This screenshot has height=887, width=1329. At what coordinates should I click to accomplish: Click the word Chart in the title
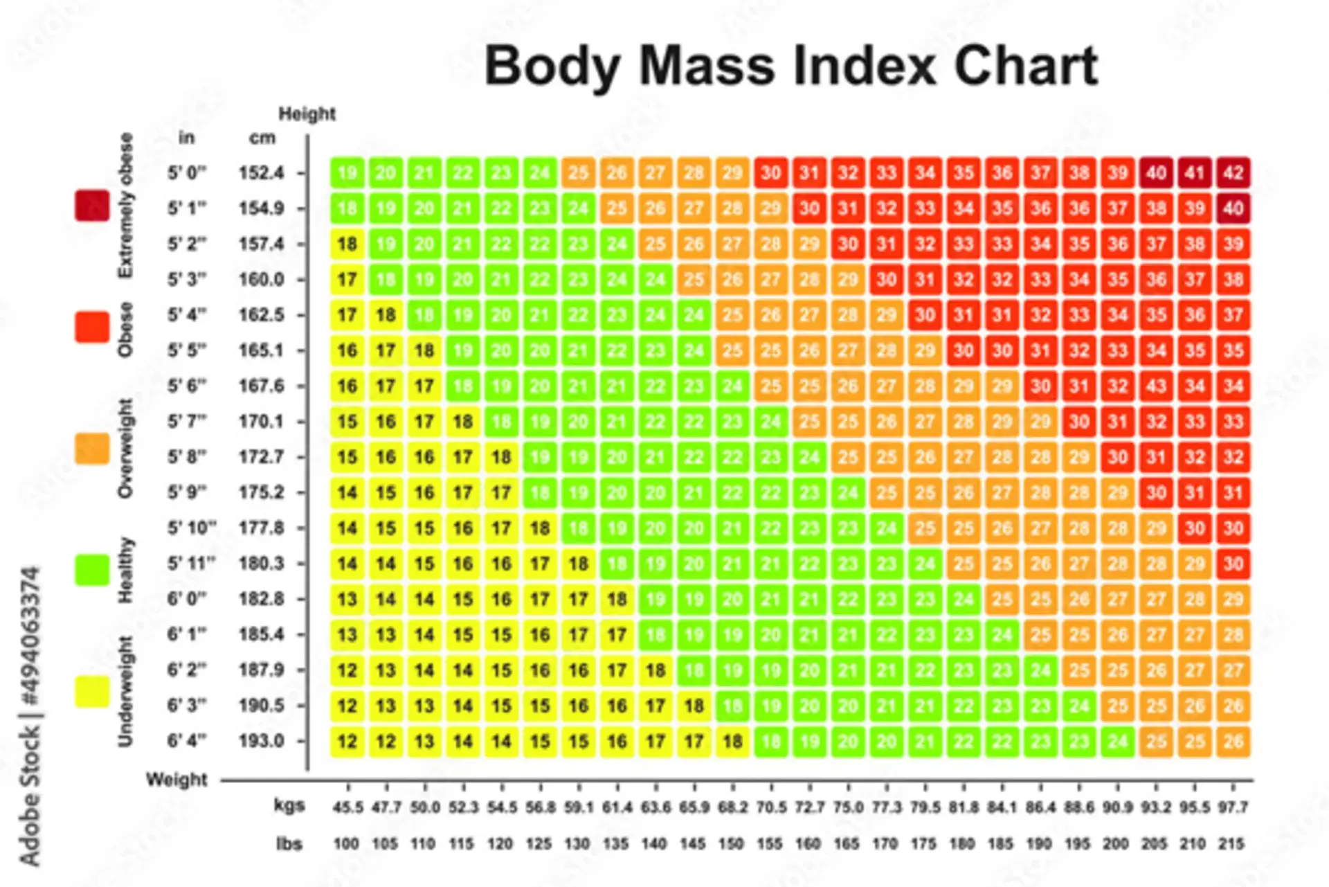pos(1025,66)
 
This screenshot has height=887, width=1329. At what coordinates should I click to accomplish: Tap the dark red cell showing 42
pos(1233,172)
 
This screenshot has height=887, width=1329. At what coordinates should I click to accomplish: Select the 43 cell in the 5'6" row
pos(1156,386)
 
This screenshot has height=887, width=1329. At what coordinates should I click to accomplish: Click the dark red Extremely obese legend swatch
pos(92,206)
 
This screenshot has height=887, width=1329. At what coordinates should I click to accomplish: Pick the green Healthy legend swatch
pos(92,570)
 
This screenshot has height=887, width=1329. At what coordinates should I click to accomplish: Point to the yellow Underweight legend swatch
pos(92,691)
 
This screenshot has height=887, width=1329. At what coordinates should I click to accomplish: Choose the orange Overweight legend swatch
pos(92,449)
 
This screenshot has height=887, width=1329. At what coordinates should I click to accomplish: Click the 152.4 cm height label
pos(261,172)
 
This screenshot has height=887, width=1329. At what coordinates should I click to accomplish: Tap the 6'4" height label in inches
pos(186,741)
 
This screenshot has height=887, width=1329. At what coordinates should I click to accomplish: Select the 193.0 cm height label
pos(261,741)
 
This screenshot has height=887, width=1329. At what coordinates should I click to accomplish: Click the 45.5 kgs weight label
pos(347,807)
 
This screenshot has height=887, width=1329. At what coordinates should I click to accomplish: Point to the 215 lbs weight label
pos(1232,844)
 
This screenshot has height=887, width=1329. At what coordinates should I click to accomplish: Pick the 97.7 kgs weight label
pos(1233,807)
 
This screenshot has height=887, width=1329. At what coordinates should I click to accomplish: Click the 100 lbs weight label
pos(346,844)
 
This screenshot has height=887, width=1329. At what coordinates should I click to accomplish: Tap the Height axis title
pos(307,114)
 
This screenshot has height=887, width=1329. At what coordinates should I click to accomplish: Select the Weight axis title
pos(177,780)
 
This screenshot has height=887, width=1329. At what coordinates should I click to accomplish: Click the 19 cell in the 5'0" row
pos(347,172)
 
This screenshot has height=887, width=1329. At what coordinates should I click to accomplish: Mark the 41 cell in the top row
pos(1195,172)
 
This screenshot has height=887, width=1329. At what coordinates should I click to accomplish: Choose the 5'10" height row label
pos(191,528)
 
